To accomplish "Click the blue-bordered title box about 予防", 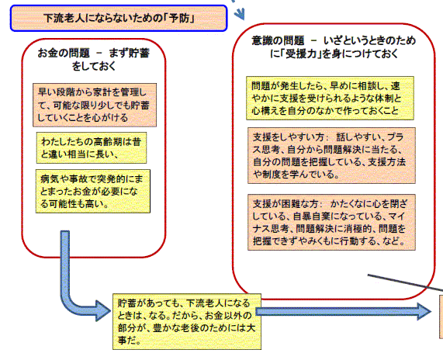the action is (x=119, y=18).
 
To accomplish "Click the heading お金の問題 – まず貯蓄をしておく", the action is (x=94, y=59).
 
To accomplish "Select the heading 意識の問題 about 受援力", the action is (x=334, y=47).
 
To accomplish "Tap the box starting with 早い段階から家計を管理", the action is (x=95, y=105).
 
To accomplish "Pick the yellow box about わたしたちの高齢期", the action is (x=92, y=147).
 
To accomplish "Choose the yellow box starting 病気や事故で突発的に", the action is (x=93, y=191).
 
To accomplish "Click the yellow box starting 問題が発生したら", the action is (x=330, y=98).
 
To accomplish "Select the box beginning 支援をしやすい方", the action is (x=332, y=155).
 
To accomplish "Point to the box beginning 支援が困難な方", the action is (x=332, y=222).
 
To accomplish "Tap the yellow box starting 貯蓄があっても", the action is (x=187, y=321).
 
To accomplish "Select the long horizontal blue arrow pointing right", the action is (x=343, y=312).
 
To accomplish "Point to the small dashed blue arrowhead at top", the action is (x=240, y=13).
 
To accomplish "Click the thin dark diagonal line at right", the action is (x=405, y=282).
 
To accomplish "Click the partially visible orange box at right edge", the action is (x=441, y=317).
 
